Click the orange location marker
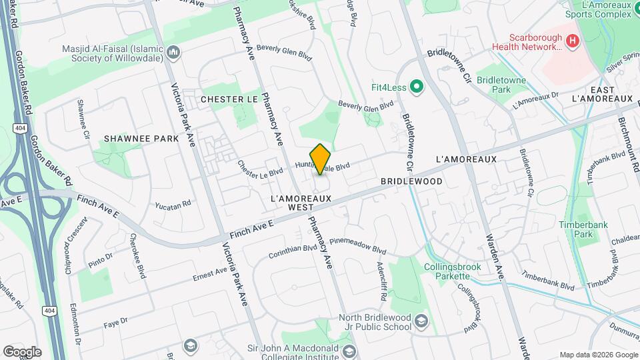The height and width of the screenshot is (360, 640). pos(321,159)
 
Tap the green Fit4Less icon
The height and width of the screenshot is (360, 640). pos(417,86)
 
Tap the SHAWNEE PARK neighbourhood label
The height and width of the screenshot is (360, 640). pos(141,139)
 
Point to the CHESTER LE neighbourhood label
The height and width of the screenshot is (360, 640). pos(229,99)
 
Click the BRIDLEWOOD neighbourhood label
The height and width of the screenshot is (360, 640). pos(412,181)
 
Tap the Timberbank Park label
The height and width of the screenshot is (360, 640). pos(575,229)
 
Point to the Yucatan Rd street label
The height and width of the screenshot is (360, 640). pos(173,203)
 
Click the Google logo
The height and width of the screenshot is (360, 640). pos(21,352)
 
